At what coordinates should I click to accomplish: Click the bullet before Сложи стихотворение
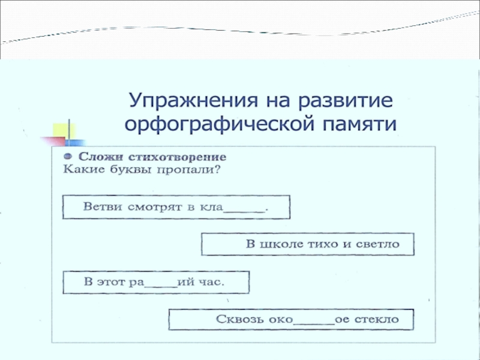click(x=68, y=155)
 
